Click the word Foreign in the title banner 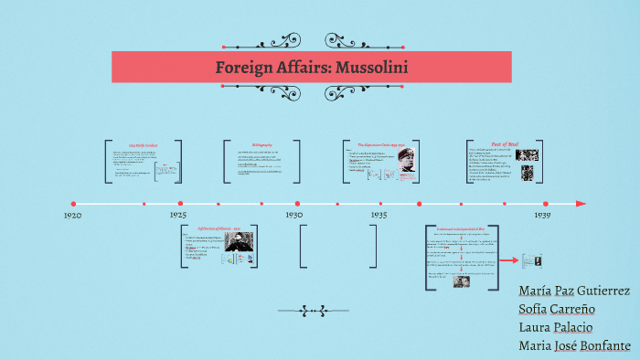click(x=244, y=68)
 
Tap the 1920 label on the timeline click(x=73, y=215)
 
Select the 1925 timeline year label click(x=179, y=215)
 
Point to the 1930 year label click(x=293, y=215)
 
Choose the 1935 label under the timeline click(x=379, y=215)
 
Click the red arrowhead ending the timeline click(x=581, y=204)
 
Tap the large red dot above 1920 click(x=74, y=204)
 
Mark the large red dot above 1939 click(x=546, y=204)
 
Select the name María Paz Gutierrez click(x=573, y=291)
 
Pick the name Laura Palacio click(x=555, y=327)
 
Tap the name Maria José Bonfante click(x=574, y=345)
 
